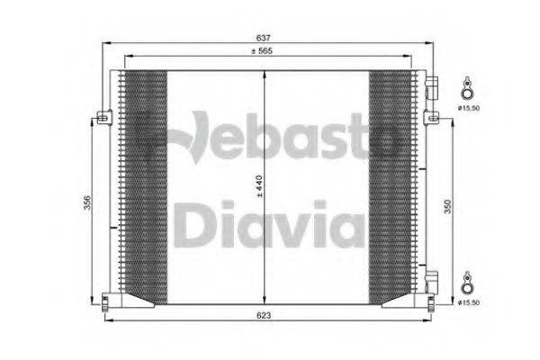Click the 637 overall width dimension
[264, 38]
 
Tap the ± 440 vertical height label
[258, 185]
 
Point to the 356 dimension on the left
[86, 203]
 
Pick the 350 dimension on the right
[448, 206]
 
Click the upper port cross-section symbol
[467, 88]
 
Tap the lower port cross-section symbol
[467, 281]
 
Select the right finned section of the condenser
[391, 184]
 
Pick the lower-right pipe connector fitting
[432, 281]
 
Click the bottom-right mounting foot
[431, 300]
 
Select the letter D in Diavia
[193, 223]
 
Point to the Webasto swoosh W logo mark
[193, 139]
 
